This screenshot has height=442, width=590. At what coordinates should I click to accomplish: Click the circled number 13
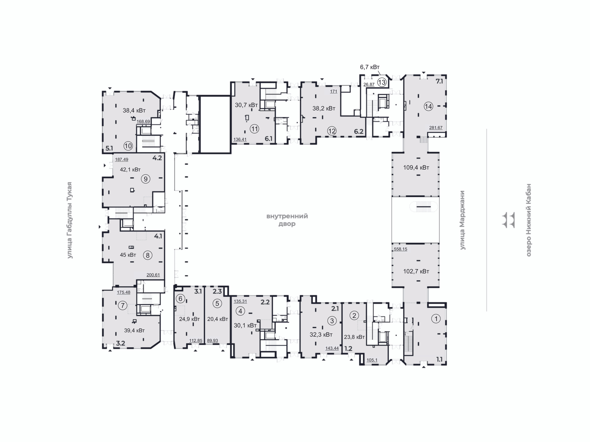(382, 82)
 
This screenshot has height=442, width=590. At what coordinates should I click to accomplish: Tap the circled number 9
(145, 179)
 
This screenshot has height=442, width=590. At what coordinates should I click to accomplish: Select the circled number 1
(436, 319)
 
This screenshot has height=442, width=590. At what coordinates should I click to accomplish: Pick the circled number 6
(180, 298)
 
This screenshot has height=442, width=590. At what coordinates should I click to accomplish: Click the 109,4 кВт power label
(416, 168)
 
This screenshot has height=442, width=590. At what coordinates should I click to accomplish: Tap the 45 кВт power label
(128, 255)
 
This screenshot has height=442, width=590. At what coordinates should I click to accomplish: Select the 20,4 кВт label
(218, 319)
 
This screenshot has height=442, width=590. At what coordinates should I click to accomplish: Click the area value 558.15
(400, 249)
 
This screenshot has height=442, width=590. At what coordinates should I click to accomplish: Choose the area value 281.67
(436, 128)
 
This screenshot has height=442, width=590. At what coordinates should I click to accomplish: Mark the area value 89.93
(212, 340)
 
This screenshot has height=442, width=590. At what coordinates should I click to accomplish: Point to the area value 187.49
(122, 160)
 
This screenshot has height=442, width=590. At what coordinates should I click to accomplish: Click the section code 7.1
(439, 81)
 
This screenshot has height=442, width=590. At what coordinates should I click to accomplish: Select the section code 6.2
(359, 132)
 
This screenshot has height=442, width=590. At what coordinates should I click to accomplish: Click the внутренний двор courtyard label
(287, 220)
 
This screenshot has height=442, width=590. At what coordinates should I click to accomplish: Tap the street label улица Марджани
(462, 220)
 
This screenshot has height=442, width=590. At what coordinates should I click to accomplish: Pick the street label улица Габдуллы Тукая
(70, 220)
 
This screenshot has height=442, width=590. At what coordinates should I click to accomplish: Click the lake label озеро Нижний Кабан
(529, 220)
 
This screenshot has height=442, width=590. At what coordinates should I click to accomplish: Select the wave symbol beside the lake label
(508, 220)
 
